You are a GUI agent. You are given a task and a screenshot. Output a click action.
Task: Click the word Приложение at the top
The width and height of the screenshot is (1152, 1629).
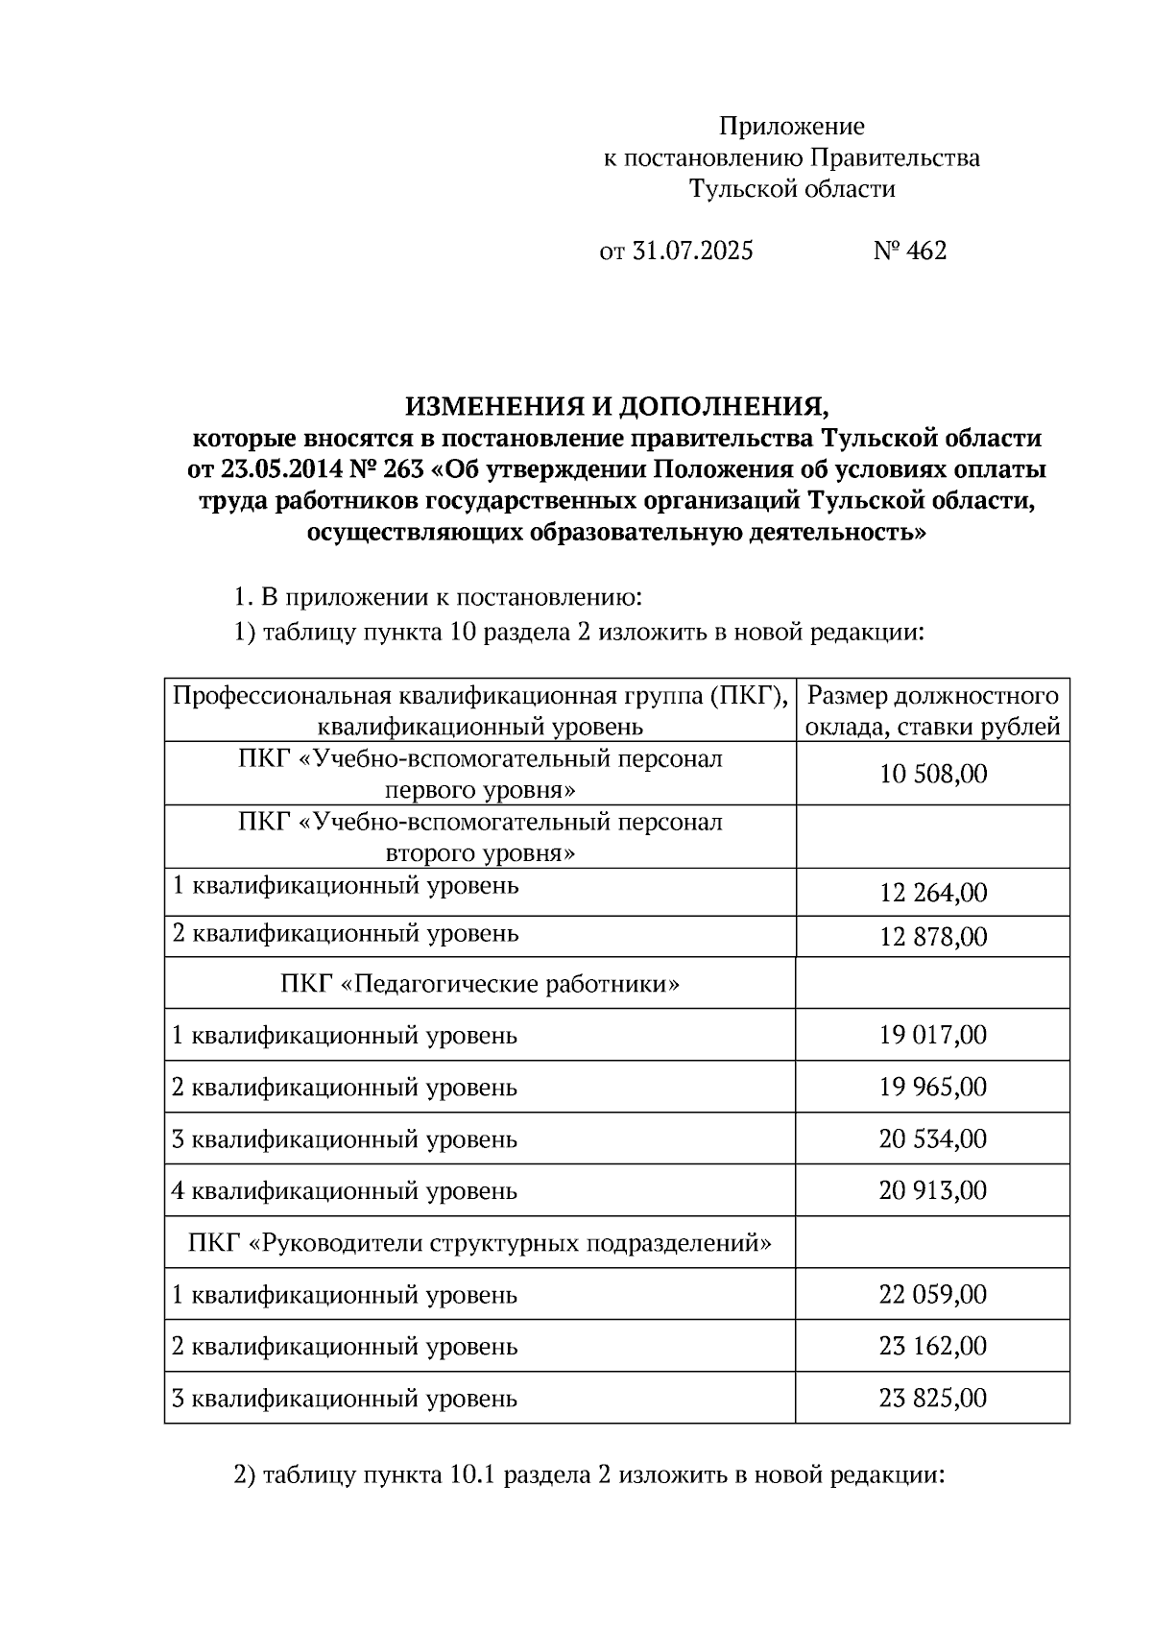click(x=792, y=127)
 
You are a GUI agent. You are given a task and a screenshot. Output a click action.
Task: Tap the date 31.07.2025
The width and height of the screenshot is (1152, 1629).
click(x=692, y=252)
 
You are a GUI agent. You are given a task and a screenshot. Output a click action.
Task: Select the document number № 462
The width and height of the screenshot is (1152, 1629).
click(x=909, y=252)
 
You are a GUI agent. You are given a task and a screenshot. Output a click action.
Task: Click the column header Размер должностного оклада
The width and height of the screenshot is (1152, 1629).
click(x=932, y=710)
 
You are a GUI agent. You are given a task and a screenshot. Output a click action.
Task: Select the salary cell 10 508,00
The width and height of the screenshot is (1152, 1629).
click(x=932, y=774)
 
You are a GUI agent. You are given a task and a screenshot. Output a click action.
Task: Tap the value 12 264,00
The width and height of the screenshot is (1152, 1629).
click(x=932, y=893)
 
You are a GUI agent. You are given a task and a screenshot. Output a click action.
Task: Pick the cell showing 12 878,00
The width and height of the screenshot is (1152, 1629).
click(x=932, y=937)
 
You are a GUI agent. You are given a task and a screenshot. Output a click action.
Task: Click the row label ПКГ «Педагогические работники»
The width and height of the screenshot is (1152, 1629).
click(x=480, y=984)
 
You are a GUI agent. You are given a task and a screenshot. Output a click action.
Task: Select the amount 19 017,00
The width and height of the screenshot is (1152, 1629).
click(x=932, y=1035)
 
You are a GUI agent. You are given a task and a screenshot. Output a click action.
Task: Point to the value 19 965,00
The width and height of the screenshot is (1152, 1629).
click(x=932, y=1087)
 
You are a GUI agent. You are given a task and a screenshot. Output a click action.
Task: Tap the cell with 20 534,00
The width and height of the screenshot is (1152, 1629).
click(x=932, y=1138)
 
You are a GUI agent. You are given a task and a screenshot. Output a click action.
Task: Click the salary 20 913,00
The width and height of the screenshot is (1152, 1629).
click(x=932, y=1190)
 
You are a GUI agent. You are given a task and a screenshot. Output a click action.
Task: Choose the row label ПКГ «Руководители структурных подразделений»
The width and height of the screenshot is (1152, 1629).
click(x=480, y=1243)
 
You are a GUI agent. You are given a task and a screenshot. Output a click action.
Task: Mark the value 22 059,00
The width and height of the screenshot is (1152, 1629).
click(x=932, y=1294)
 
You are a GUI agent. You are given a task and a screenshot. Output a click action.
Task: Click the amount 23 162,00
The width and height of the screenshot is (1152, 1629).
click(x=932, y=1346)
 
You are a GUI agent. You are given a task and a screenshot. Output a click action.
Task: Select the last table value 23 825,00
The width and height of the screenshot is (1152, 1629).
click(x=932, y=1398)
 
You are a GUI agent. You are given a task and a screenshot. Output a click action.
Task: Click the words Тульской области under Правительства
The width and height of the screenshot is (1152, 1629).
click(x=792, y=189)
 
